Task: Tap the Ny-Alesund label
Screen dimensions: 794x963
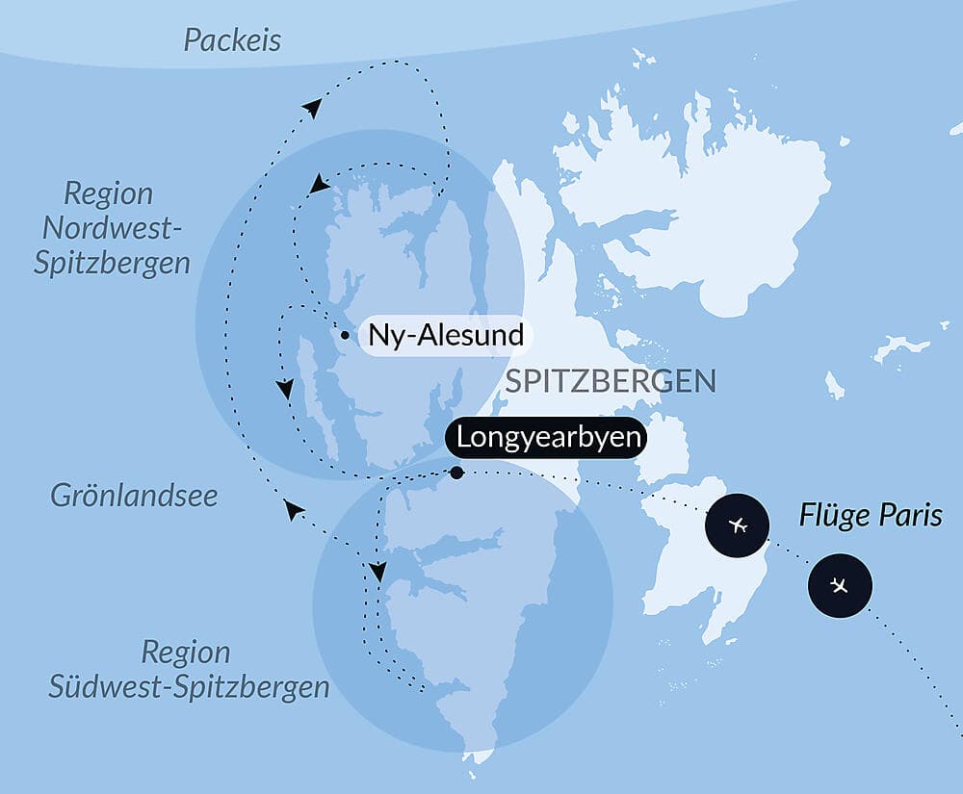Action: (x=446, y=336)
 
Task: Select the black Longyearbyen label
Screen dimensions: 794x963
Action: (x=548, y=438)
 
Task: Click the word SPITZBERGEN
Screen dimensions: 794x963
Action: (x=611, y=381)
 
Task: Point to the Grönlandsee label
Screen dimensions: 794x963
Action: (x=134, y=496)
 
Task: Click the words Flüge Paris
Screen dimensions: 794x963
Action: (x=871, y=515)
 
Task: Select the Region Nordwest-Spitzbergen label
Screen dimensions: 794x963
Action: (x=112, y=228)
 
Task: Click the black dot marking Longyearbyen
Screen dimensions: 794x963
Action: (x=456, y=473)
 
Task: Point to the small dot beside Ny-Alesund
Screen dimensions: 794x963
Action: (x=344, y=335)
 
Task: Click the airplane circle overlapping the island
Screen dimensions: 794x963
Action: (x=739, y=525)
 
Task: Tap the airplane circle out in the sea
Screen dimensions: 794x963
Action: (x=840, y=585)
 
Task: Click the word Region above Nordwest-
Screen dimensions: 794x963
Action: (x=108, y=193)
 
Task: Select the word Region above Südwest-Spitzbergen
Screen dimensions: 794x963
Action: (x=186, y=653)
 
